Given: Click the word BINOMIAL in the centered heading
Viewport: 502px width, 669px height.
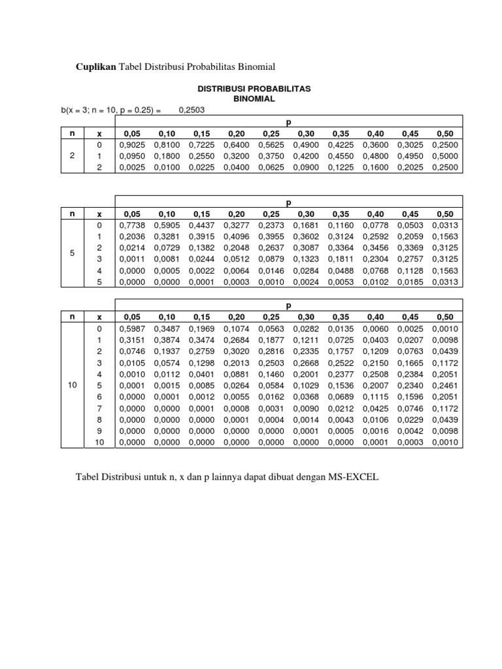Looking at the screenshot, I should coord(254,98).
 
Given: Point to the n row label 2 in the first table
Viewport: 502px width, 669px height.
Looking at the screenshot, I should coord(73,156).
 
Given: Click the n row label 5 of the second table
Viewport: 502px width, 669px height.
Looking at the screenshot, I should coord(73,253).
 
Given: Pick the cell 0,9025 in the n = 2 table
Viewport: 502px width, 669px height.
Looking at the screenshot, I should coord(133,144).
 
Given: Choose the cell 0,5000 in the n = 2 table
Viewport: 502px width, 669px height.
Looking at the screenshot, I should coord(445,156).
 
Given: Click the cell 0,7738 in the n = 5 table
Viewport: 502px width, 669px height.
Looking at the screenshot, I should coord(133,225).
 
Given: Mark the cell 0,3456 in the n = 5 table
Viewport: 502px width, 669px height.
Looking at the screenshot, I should coord(375,248).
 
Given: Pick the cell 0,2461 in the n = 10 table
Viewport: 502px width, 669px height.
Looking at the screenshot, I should coord(445,385).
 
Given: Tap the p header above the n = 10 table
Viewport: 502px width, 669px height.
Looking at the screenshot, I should coord(288,305).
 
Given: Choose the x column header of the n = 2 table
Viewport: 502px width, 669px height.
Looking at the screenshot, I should coord(99,133).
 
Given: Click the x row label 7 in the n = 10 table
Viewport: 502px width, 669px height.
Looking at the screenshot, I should coord(99,409).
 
